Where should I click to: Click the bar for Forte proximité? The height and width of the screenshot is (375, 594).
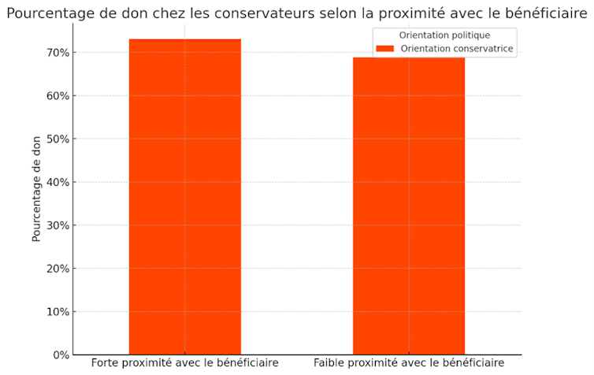pyautogui.click(x=185, y=197)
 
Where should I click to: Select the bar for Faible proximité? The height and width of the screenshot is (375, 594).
pyautogui.click(x=409, y=206)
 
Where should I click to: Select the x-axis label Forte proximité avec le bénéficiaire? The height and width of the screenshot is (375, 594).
pyautogui.click(x=185, y=363)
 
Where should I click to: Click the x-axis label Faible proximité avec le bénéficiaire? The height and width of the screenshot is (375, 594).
pyautogui.click(x=409, y=363)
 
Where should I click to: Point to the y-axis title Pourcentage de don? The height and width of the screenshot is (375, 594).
pyautogui.click(x=37, y=190)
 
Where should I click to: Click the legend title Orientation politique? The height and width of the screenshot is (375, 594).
pyautogui.click(x=445, y=35)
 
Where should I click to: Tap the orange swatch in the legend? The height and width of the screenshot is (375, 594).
pyautogui.click(x=384, y=49)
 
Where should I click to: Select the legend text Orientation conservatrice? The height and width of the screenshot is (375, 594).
pyautogui.click(x=457, y=49)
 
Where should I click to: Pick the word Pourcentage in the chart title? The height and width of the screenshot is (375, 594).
pyautogui.click(x=46, y=14)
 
